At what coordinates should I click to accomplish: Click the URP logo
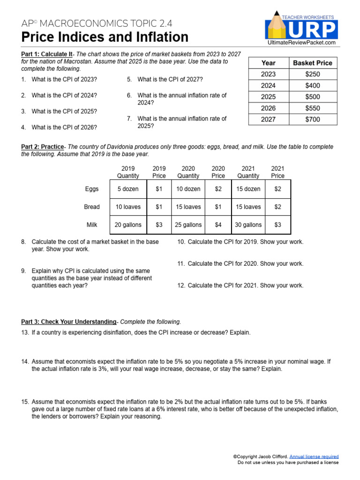pyautogui.click(x=301, y=29)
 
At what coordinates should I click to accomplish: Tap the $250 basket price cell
pyautogui.click(x=312, y=74)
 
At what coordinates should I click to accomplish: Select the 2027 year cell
pyautogui.click(x=268, y=119)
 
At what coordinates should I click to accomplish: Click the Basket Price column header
pyautogui.click(x=312, y=63)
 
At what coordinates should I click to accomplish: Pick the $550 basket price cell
pyautogui.click(x=312, y=108)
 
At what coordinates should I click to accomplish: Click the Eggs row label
pyautogui.click(x=92, y=189)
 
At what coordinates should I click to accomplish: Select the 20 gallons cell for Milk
pyautogui.click(x=128, y=225)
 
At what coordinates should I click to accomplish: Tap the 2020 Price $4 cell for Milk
pyautogui.click(x=218, y=225)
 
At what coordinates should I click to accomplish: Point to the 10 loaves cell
pyautogui.click(x=128, y=207)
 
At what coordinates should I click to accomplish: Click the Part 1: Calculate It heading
pyautogui.click(x=47, y=54)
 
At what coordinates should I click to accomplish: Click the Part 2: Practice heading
pyautogui.click(x=43, y=147)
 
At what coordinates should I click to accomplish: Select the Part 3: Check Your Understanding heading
pyautogui.click(x=68, y=322)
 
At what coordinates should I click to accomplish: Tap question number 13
pyautogui.click(x=25, y=332)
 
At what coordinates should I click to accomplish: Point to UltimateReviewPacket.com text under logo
pyautogui.click(x=300, y=43)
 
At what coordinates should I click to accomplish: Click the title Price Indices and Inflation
pyautogui.click(x=105, y=37)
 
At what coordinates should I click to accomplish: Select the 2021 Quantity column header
pyautogui.click(x=248, y=172)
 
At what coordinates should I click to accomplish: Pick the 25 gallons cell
pyautogui.click(x=188, y=225)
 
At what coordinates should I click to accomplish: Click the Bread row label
pyautogui.click(x=92, y=207)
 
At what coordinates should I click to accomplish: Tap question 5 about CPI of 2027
pyautogui.click(x=169, y=80)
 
